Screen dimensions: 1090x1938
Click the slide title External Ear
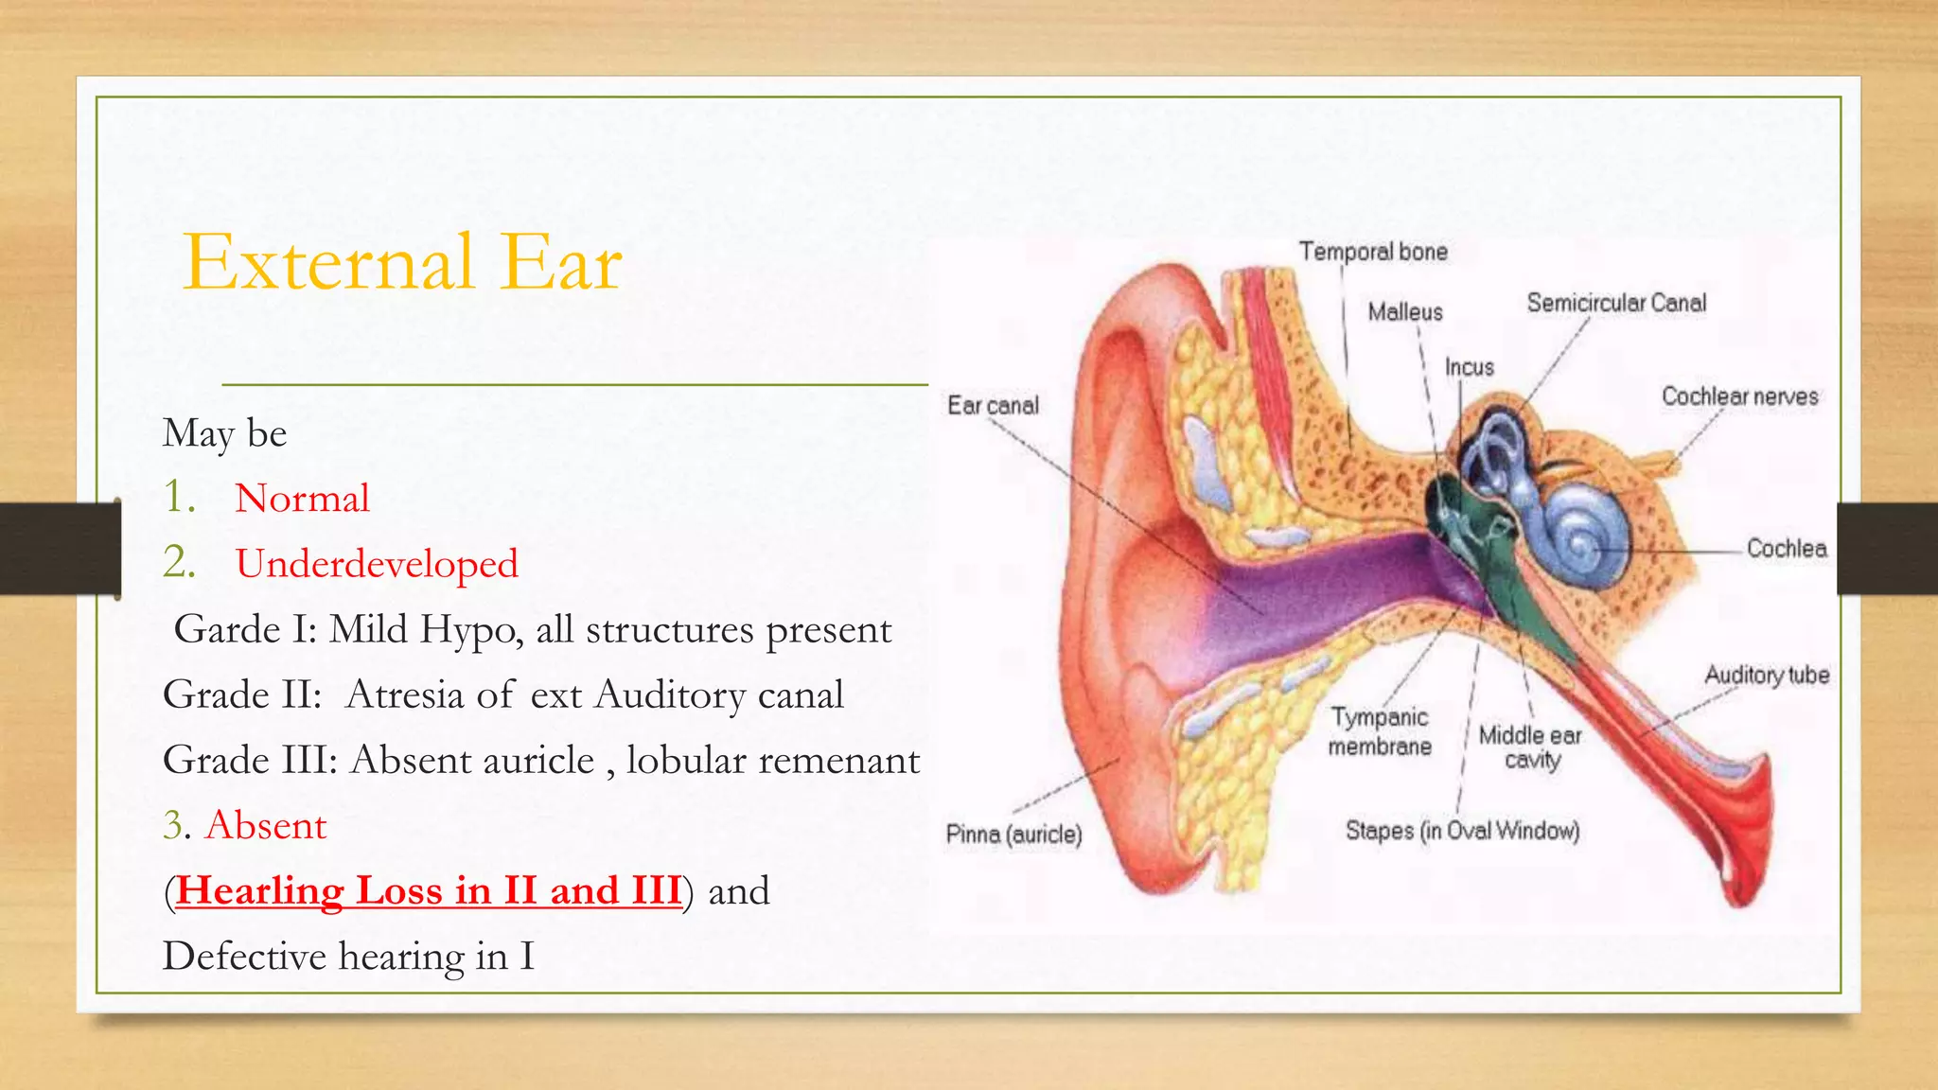point(402,262)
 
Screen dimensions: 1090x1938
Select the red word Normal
point(302,499)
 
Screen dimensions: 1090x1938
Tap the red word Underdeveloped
point(377,564)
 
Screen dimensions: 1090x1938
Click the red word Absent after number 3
point(266,825)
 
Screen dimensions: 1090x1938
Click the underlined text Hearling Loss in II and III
point(429,890)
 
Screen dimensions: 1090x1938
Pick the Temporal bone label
point(1372,252)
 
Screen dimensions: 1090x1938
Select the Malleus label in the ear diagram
point(1405,312)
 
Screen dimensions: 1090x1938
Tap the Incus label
point(1469,367)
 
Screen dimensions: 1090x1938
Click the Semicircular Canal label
point(1616,303)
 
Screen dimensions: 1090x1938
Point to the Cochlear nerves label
point(1739,396)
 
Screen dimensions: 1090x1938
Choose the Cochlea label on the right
point(1787,549)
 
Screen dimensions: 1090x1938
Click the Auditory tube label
point(1766,676)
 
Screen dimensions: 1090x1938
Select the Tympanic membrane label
point(1380,731)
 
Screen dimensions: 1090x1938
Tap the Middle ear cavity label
point(1530,747)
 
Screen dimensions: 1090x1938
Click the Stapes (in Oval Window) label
point(1462,831)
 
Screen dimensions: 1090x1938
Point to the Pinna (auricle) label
point(1013,835)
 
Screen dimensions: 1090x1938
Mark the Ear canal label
point(993,406)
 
